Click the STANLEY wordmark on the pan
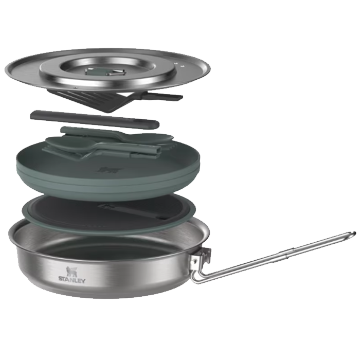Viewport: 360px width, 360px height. click(x=72, y=280)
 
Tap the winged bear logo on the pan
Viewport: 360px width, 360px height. click(x=71, y=271)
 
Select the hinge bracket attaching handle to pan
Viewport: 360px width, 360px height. click(x=199, y=255)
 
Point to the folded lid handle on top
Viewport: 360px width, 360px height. click(x=105, y=71)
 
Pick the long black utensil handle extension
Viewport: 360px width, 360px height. click(x=94, y=119)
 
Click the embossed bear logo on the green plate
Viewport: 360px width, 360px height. click(x=108, y=170)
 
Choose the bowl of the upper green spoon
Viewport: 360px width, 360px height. click(x=160, y=137)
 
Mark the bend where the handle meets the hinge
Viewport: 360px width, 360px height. click(x=197, y=276)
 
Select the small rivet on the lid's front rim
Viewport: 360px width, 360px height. click(x=75, y=87)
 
